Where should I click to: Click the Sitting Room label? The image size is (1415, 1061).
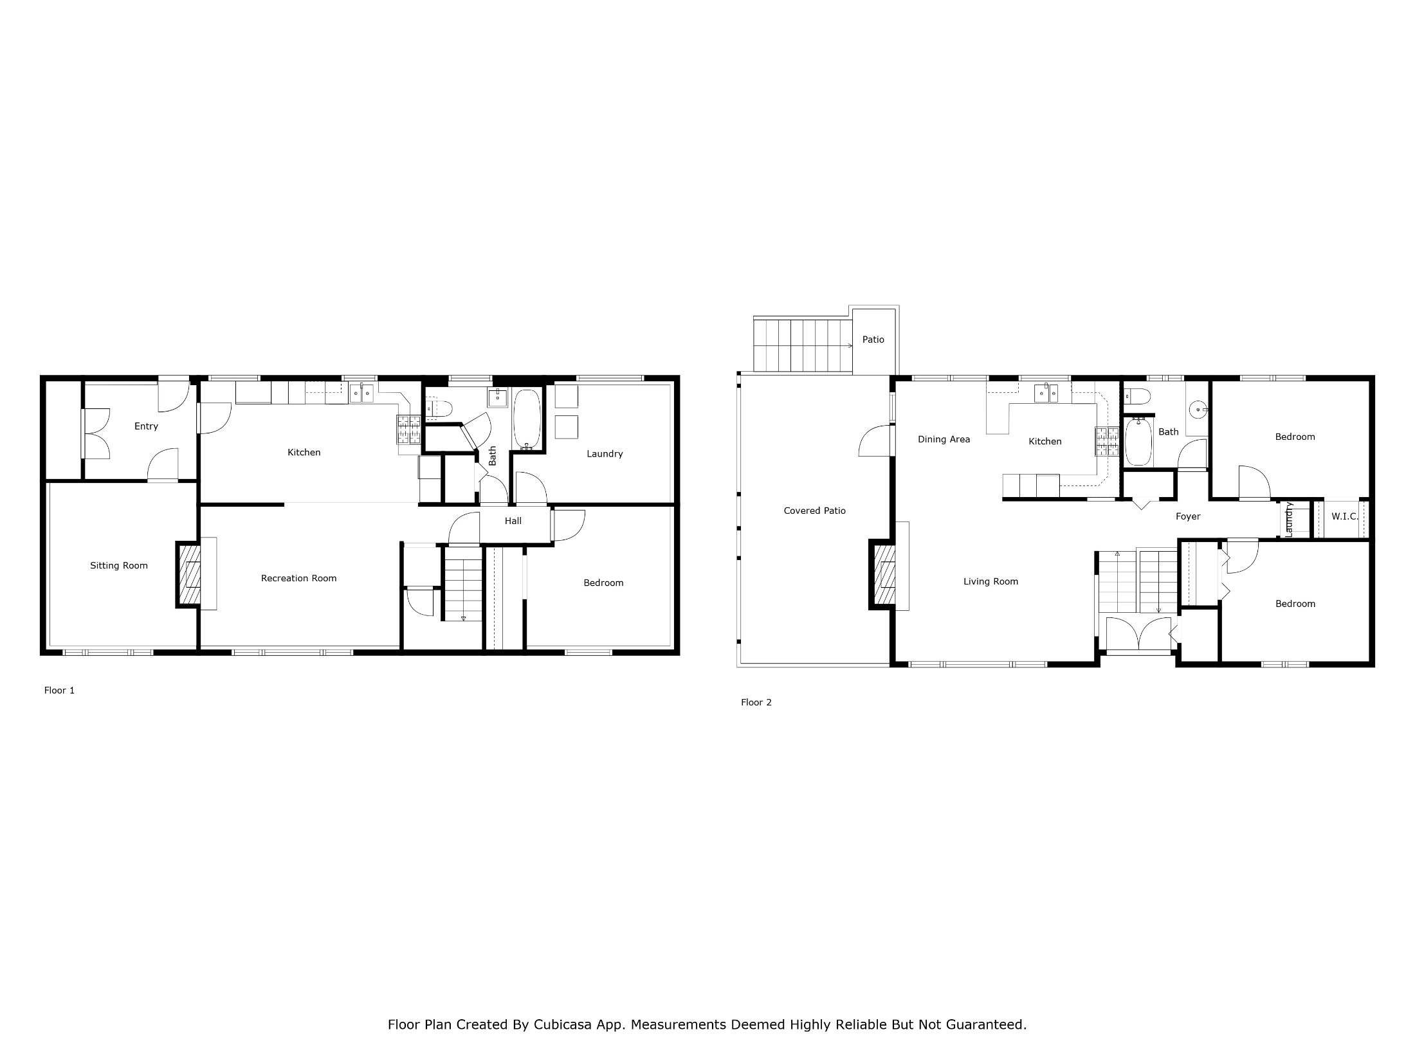pyautogui.click(x=119, y=566)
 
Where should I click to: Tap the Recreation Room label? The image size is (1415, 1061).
pyautogui.click(x=299, y=578)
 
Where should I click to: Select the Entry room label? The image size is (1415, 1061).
pyautogui.click(x=146, y=426)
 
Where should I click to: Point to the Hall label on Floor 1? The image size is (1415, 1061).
pyautogui.click(x=513, y=521)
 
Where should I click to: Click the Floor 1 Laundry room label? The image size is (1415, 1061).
pyautogui.click(x=605, y=454)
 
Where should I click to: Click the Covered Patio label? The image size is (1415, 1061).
pyautogui.click(x=815, y=511)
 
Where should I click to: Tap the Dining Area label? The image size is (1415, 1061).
pyautogui.click(x=944, y=440)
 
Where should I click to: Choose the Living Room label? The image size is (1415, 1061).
pyautogui.click(x=990, y=582)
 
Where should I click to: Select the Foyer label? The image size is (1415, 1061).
pyautogui.click(x=1188, y=516)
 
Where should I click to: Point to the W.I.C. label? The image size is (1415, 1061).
pyautogui.click(x=1345, y=516)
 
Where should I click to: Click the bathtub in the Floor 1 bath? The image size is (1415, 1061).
pyautogui.click(x=527, y=419)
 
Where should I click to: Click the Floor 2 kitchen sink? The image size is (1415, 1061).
pyautogui.click(x=1046, y=392)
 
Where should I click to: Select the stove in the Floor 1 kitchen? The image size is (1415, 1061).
pyautogui.click(x=408, y=430)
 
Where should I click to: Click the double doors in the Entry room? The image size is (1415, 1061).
pyautogui.click(x=96, y=433)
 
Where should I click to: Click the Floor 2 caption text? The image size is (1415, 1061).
pyautogui.click(x=756, y=702)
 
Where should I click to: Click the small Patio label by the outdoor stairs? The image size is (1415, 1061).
pyautogui.click(x=873, y=340)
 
